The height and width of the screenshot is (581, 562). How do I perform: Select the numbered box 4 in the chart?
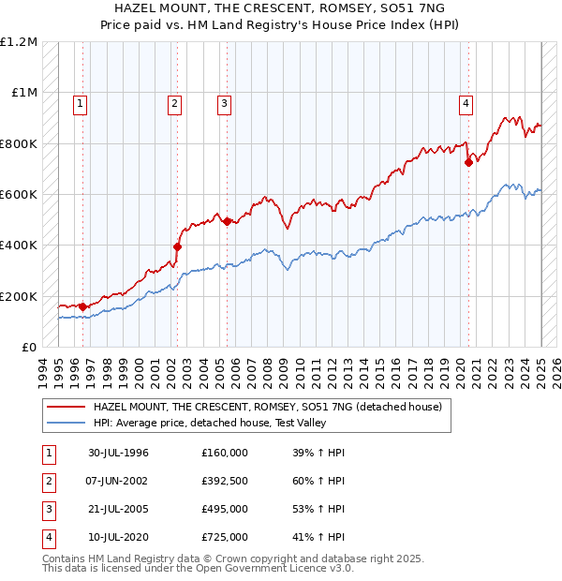pyautogui.click(x=466, y=104)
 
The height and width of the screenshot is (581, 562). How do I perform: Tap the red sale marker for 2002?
pyautogui.click(x=176, y=247)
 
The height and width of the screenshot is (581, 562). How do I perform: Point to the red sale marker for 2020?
pyautogui.click(x=468, y=162)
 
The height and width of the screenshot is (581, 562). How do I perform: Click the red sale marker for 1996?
pyautogui.click(x=82, y=306)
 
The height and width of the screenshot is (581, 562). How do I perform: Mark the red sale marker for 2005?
pyautogui.click(x=226, y=221)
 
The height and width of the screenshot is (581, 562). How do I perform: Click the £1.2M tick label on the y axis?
pyautogui.click(x=19, y=42)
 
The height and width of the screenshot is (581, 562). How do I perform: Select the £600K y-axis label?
pyautogui.click(x=19, y=195)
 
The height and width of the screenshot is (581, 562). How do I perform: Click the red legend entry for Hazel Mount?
pyautogui.click(x=272, y=407)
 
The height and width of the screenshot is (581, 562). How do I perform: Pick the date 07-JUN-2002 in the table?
pyautogui.click(x=118, y=481)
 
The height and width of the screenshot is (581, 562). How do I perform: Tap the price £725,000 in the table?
pyautogui.click(x=225, y=537)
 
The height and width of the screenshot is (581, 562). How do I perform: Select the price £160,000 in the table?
pyautogui.click(x=225, y=453)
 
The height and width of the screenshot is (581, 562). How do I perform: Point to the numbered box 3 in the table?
pyautogui.click(x=47, y=509)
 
